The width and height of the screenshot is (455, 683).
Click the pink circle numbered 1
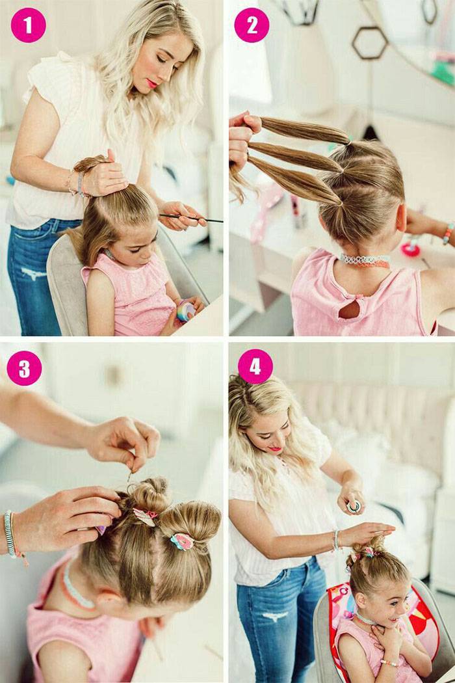coord(29,25)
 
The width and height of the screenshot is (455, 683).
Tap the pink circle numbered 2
coord(252,25)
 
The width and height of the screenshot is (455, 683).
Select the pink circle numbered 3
coord(25,368)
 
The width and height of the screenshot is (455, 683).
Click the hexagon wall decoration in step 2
coord(370,42)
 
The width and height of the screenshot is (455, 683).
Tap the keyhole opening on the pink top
coord(350,309)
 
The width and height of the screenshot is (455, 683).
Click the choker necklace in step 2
coord(365,261)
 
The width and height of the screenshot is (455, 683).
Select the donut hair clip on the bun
coord(181,541)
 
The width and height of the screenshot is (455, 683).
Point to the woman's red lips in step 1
coord(151,83)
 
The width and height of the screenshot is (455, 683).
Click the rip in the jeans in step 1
coord(34,274)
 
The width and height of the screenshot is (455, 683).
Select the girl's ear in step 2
coord(401,217)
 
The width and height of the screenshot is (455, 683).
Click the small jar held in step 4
coord(354,505)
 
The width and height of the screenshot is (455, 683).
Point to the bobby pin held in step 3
coord(130,475)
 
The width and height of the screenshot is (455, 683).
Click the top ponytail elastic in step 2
coord(348,142)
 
